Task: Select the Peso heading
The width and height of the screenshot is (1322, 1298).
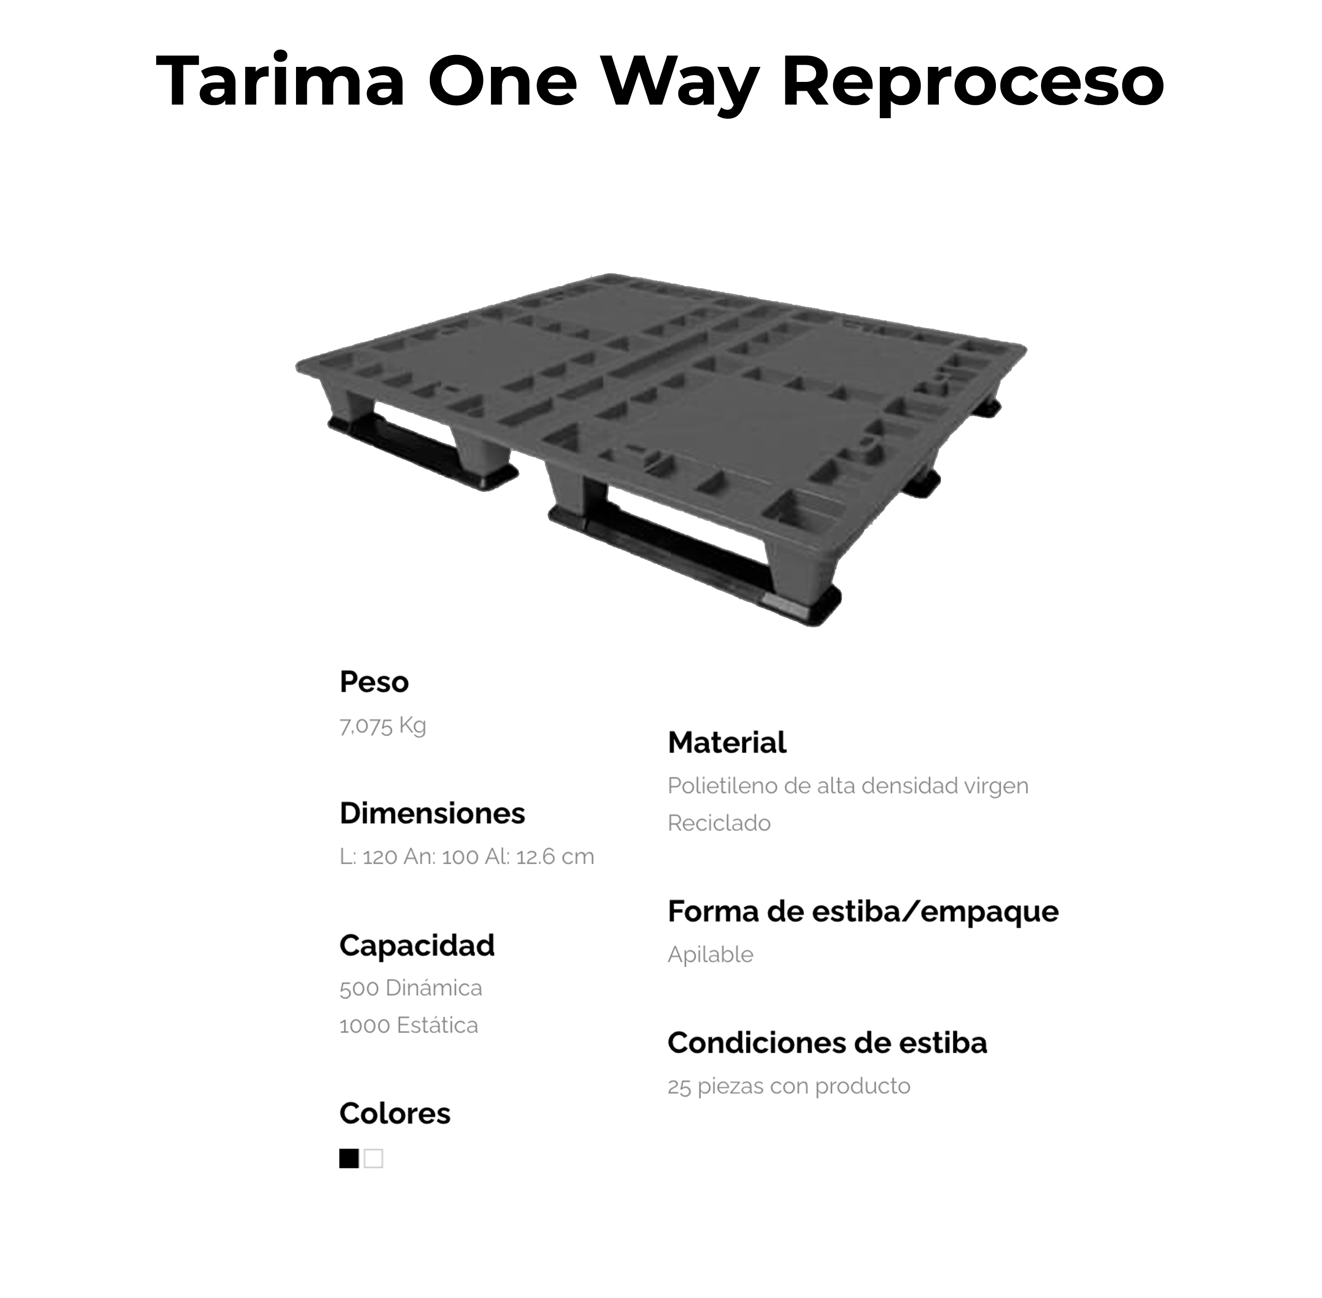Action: (374, 682)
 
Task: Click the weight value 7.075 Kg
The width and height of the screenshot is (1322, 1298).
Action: (383, 725)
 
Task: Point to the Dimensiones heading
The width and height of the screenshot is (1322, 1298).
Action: (432, 813)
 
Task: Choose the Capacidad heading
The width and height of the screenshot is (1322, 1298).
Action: (417, 946)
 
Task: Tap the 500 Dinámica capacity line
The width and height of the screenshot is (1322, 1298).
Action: (411, 988)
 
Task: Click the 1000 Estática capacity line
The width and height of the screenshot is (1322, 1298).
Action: (409, 1025)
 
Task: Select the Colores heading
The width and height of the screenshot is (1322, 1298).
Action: (395, 1113)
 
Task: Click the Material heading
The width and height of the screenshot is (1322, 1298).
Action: (727, 742)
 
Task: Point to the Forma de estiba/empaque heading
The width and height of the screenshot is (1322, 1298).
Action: (863, 911)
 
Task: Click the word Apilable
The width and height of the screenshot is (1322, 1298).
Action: (710, 954)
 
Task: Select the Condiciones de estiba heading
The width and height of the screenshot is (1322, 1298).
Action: (827, 1043)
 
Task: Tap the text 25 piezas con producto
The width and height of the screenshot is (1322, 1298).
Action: (789, 1086)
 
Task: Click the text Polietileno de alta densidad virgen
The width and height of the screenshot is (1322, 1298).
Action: (848, 786)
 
